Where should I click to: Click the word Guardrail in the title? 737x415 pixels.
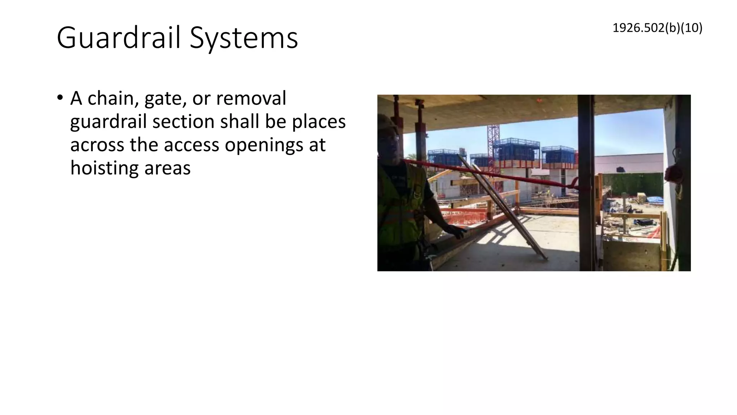tap(118, 37)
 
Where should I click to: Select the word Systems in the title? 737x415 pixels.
tap(244, 38)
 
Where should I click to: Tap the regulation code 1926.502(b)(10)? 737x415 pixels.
tap(657, 28)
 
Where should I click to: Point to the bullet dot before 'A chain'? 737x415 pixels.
tap(60, 98)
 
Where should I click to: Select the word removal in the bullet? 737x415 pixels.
tap(251, 98)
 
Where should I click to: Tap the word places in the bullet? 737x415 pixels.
tap(318, 121)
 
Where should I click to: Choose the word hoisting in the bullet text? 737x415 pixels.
tap(104, 168)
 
